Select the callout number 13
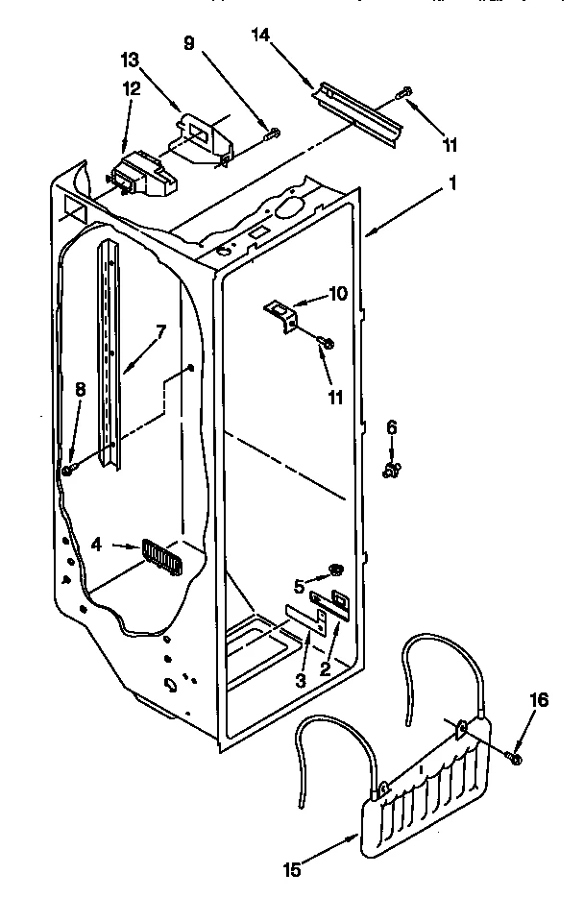(130, 60)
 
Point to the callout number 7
(160, 331)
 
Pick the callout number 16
(540, 701)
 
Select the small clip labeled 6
(391, 470)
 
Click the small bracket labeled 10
(279, 314)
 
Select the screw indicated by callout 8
(69, 470)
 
